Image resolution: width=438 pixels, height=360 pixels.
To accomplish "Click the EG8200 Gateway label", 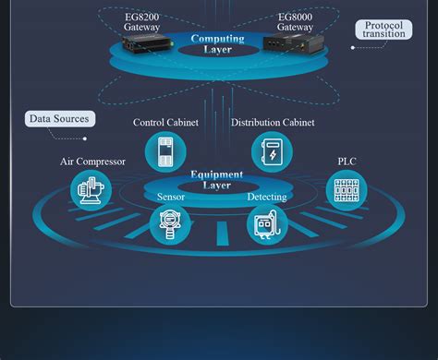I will coord(141,22).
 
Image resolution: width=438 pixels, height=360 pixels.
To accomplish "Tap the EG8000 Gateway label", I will coord(295,22).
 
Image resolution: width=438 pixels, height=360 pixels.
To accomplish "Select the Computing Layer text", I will coord(217,43).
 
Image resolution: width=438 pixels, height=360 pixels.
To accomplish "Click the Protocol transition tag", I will coord(383,30).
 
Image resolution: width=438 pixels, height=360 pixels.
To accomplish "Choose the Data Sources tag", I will coord(59,118).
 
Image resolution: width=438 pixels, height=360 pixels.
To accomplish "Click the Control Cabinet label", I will coord(165,123).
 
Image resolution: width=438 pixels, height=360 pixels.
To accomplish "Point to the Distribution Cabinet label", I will coord(273,123).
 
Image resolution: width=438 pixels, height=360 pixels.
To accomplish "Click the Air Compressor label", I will coord(92,162).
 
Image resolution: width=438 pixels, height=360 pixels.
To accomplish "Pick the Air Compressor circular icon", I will coord(91,190).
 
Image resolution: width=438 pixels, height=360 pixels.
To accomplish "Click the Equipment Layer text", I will coord(217,179).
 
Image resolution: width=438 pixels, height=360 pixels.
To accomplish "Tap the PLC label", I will coord(347,162).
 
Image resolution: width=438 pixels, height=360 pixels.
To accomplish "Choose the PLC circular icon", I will coord(347,190).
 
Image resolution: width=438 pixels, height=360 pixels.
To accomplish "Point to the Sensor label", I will coord(170,197).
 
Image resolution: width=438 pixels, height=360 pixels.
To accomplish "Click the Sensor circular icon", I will coord(170,224).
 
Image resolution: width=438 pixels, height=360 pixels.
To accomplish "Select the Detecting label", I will coord(267,197).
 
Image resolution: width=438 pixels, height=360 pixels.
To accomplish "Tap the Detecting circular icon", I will coord(267,224).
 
